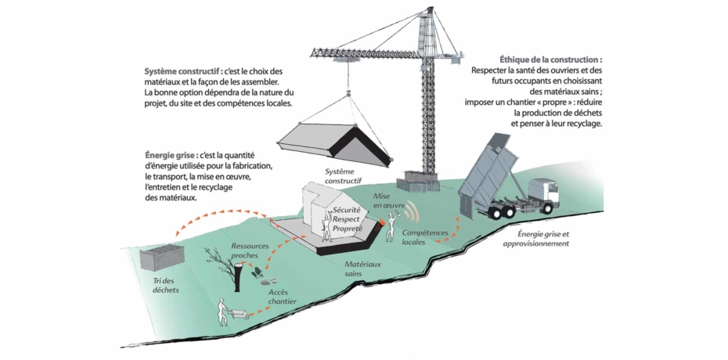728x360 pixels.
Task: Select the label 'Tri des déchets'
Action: point(166,286)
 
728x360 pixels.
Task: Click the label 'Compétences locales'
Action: point(425,237)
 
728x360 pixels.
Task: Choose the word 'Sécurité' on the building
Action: point(347,211)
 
